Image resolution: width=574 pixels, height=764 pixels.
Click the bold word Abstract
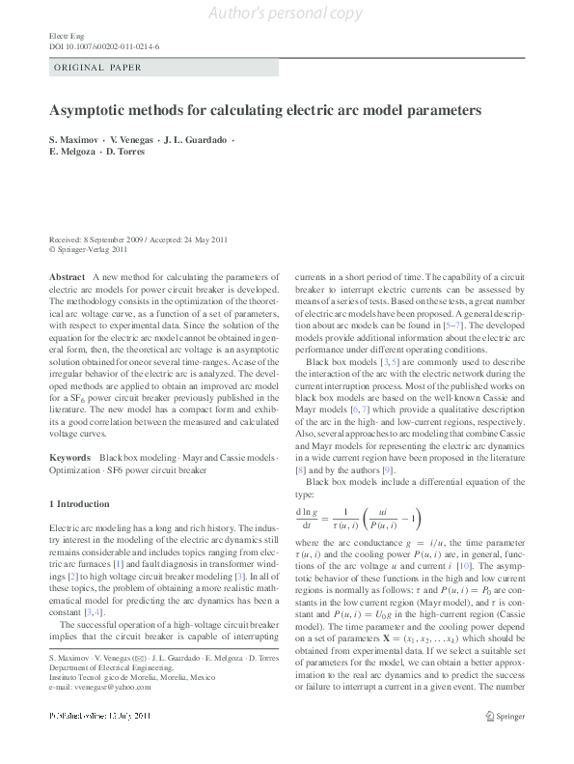click(66, 277)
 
